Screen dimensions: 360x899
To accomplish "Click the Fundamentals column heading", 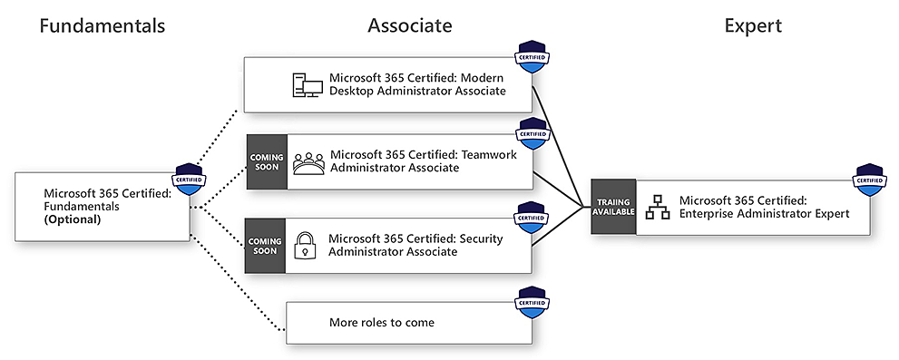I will click(x=102, y=25).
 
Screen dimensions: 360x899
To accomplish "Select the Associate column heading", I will click(x=409, y=25).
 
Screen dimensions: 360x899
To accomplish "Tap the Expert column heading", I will click(x=752, y=25).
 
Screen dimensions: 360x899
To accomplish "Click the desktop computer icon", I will click(x=307, y=84).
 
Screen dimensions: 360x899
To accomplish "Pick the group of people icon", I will click(x=308, y=162).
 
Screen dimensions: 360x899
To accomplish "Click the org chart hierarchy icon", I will click(x=657, y=207).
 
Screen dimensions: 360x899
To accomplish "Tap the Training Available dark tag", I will click(x=613, y=207).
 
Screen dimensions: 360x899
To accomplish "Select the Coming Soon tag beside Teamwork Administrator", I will click(x=266, y=162).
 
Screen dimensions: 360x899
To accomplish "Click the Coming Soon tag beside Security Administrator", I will click(x=266, y=246).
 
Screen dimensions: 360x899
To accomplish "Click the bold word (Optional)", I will click(x=73, y=219).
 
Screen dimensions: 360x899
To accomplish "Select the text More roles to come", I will click(x=382, y=323).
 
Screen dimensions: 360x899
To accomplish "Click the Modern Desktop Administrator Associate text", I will click(x=417, y=84).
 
